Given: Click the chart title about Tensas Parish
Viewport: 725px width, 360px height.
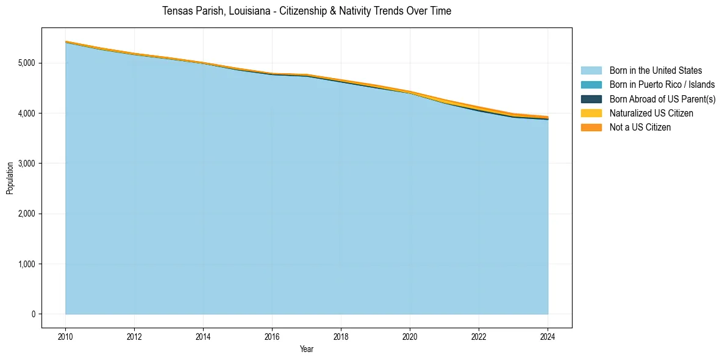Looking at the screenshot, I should point(307,11).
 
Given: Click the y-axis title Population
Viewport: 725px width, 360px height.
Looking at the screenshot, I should point(10,178).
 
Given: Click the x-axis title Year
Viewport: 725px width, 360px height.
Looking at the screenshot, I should point(307,349).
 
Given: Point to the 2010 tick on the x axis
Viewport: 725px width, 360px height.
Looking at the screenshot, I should point(65,336).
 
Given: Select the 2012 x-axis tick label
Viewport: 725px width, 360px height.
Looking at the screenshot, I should point(134,336).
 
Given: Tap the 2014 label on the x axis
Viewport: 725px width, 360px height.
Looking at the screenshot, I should point(203,336).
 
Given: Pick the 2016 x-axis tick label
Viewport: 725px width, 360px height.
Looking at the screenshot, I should point(272,336).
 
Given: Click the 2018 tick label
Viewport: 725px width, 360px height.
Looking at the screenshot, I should point(341,336).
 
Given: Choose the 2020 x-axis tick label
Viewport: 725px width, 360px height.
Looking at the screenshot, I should point(410,336).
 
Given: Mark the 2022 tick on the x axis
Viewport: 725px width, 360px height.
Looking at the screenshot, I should point(479,336).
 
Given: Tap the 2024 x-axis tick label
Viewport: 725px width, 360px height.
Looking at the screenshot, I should point(548,336).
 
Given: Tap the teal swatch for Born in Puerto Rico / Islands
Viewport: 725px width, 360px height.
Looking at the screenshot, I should point(591,85).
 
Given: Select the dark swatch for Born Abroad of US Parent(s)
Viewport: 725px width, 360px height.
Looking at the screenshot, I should point(591,99).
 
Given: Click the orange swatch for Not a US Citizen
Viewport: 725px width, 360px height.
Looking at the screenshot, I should point(591,128).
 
